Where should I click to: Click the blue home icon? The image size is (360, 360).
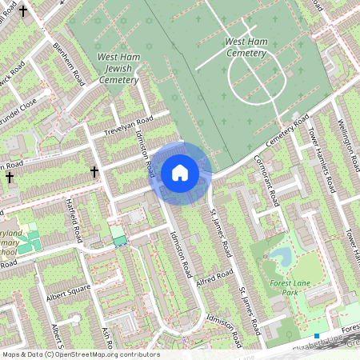[180, 173]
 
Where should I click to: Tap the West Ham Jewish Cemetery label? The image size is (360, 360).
[118, 68]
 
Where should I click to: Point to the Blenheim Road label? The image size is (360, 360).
[69, 65]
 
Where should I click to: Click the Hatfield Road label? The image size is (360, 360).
[76, 224]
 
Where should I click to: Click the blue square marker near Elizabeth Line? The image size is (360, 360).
[317, 336]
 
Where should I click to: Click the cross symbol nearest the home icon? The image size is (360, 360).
[94, 171]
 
